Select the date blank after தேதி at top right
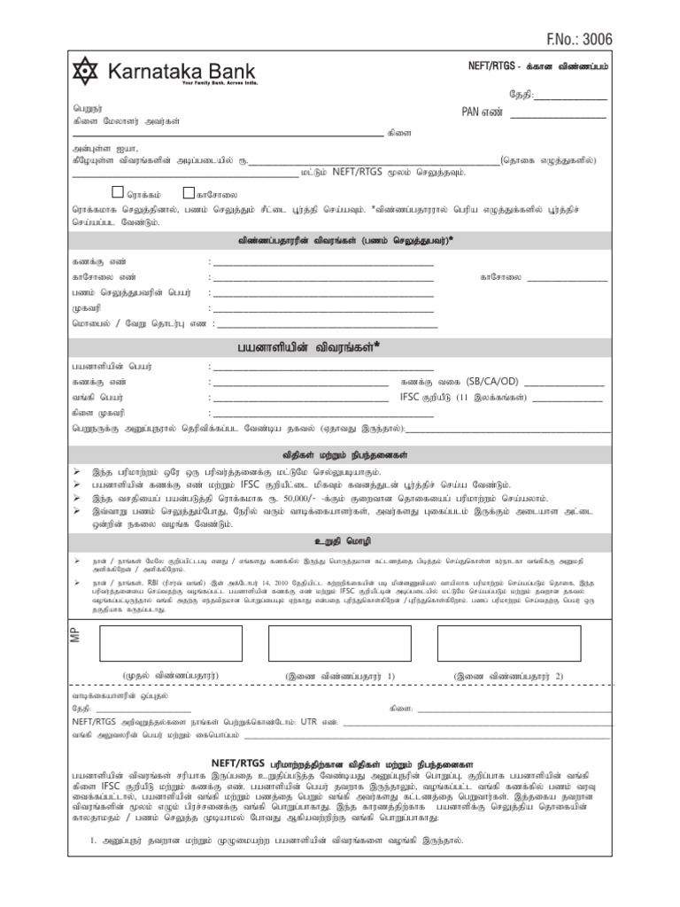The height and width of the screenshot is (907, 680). (570, 95)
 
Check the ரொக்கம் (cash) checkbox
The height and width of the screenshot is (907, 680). (120, 192)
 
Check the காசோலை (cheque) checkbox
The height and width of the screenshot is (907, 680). (189, 192)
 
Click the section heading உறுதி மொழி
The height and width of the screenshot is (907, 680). (341, 539)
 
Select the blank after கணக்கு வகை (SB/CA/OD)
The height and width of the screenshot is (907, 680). (565, 382)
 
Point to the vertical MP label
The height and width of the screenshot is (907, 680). (73, 624)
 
